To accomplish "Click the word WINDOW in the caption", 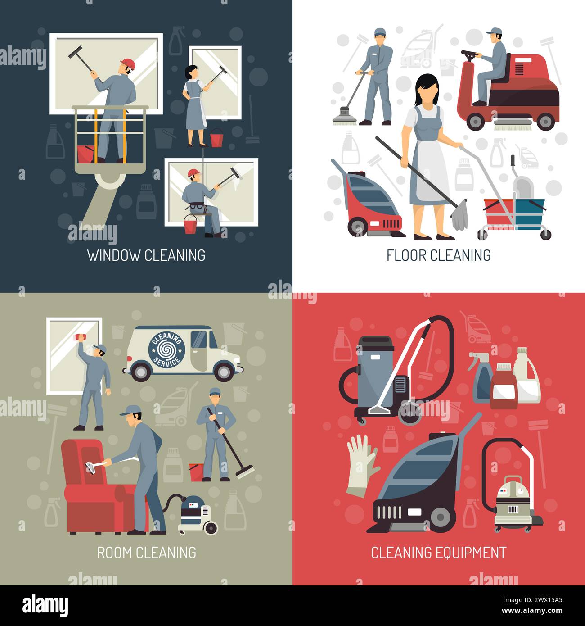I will pos(114,255).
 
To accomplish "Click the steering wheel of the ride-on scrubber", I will pos(469,54).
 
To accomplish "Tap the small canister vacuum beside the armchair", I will pos(196,513).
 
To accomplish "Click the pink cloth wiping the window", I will pos(82,336).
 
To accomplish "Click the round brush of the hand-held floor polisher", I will pos(345,116).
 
